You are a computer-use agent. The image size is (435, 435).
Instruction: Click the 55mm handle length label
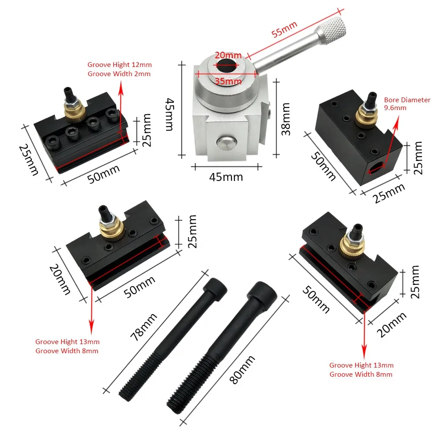pos(285,30)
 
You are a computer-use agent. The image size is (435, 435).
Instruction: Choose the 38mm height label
pos(286,119)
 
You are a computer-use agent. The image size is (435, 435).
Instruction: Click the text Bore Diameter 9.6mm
pos(407,104)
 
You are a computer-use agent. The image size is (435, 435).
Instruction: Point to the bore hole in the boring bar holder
pos(377,167)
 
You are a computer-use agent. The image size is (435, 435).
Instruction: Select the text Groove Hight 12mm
pos(120,65)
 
